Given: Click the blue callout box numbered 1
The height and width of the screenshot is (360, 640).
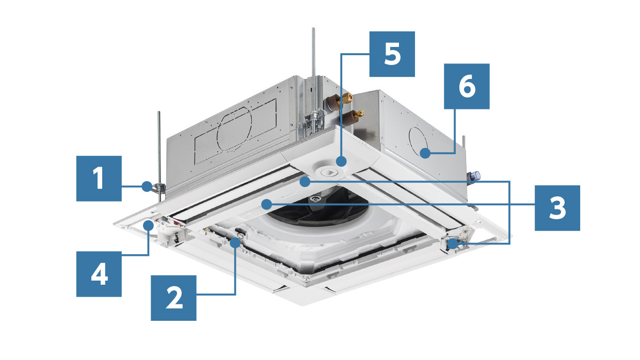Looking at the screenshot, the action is (99, 178).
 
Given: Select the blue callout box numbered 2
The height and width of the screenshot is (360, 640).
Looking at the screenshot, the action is (173, 298).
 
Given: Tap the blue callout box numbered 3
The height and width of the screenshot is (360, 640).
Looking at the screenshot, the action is (557, 208).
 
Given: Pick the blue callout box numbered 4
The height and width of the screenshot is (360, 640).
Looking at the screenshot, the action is (99, 274).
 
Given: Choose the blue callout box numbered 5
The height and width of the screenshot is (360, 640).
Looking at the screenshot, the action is (392, 54).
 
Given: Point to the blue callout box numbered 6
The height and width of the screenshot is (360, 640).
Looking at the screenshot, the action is (467, 86).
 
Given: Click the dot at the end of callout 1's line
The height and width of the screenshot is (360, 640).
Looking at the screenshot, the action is (147, 186).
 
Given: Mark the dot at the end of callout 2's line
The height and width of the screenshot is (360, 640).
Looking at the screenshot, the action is (235, 242).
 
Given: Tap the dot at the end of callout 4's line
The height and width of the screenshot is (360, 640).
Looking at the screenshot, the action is (149, 225).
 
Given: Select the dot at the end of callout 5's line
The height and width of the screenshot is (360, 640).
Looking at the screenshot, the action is (341, 161).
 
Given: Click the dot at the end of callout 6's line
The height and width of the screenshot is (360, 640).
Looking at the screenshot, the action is (425, 153).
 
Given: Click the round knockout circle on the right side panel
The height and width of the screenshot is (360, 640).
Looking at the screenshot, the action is (418, 142).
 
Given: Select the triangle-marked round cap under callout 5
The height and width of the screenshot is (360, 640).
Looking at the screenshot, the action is (329, 172).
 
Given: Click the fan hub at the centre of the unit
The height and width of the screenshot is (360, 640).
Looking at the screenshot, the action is (315, 199).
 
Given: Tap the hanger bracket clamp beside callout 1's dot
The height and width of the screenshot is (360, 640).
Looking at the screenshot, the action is (158, 188).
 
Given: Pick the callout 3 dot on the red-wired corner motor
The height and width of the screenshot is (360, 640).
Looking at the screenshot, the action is (453, 244).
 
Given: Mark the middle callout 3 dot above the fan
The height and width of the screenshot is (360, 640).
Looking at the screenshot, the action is (305, 182).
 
